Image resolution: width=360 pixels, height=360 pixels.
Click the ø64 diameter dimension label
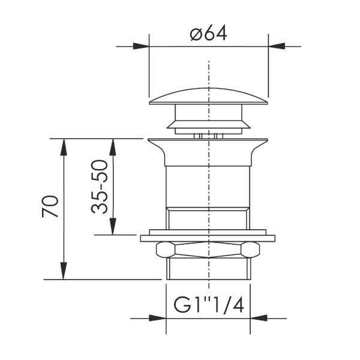coord(208,33)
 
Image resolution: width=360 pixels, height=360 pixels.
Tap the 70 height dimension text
coord(50,206)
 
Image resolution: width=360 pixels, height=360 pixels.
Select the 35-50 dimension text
coord(100,187)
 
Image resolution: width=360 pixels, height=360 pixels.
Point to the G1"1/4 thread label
coord(208,305)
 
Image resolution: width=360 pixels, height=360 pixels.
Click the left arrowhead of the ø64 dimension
coord(141,46)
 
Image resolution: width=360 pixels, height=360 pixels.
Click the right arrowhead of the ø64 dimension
coord(277,46)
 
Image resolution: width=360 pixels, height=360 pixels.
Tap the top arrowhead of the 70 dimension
coord(64,147)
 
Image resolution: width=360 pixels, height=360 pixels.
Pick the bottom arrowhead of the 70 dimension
coord(64,271)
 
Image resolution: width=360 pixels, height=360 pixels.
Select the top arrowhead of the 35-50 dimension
coord(113,147)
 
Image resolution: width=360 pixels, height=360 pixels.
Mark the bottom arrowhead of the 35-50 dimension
coord(113,226)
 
